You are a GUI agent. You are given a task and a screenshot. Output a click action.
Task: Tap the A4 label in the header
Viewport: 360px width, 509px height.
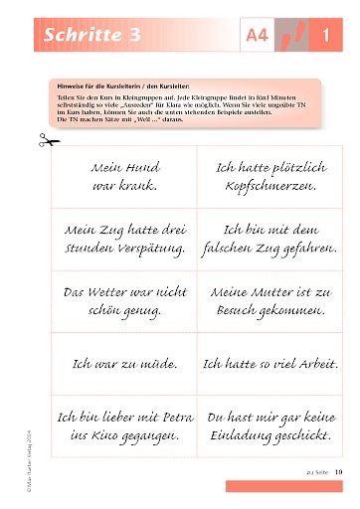point(257,38)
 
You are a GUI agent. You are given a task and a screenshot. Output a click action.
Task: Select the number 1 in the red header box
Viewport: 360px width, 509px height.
point(325,38)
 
